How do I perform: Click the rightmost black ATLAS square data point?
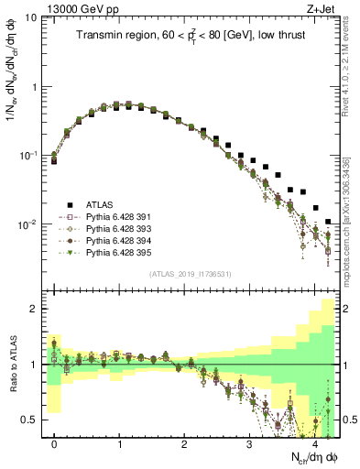point(328,222)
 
